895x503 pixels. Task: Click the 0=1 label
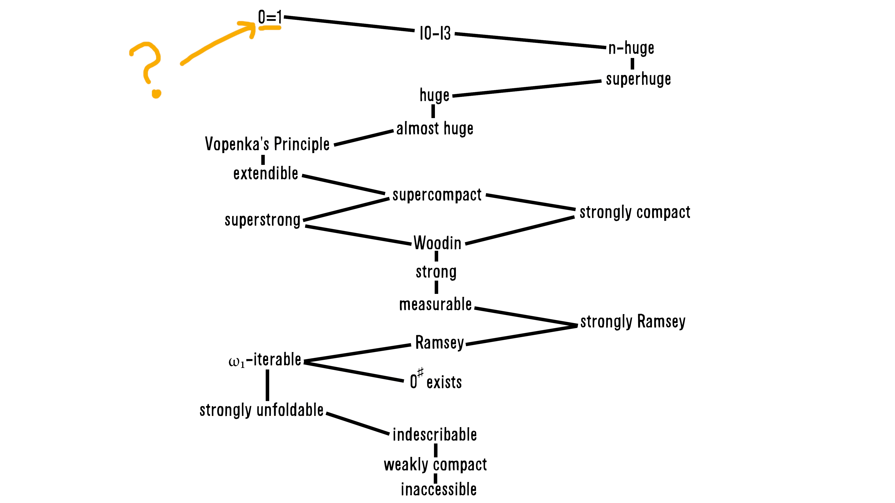(270, 17)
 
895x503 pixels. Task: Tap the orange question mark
(148, 68)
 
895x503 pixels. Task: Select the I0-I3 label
(435, 33)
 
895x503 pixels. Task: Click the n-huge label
(631, 48)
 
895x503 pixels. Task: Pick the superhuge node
(638, 79)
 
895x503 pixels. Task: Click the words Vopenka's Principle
(267, 144)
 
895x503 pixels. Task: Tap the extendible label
(266, 173)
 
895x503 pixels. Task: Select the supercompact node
(437, 195)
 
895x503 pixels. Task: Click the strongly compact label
(635, 212)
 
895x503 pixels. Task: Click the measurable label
(435, 304)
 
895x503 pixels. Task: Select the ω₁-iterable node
(265, 360)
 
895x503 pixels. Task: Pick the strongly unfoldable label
(262, 410)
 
